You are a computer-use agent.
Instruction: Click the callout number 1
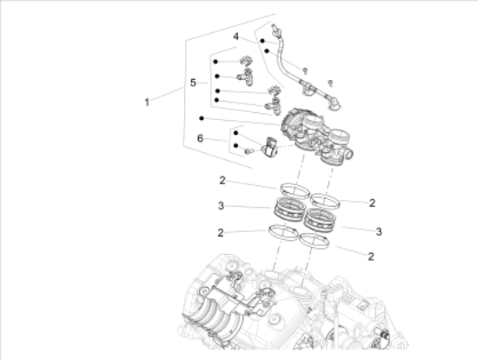coord(148,102)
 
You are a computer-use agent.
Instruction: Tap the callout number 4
coord(236,37)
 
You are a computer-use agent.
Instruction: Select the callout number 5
coord(194,83)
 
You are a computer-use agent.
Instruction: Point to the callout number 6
coord(200,138)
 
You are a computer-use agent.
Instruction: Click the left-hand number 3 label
coord(222,206)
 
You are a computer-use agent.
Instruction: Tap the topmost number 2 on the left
coord(222,181)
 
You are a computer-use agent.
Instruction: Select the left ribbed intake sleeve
coord(292,211)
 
